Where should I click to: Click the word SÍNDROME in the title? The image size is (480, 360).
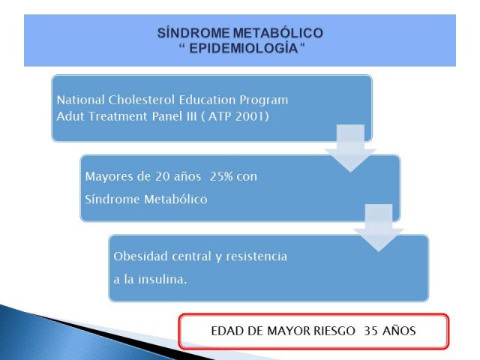(x=193, y=33)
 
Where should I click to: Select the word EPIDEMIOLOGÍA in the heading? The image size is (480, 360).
(x=244, y=48)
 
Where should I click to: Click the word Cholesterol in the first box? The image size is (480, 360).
(x=142, y=100)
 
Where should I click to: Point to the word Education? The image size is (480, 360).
(x=207, y=100)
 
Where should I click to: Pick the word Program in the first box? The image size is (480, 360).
(x=263, y=100)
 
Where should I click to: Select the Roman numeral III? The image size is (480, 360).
(x=190, y=116)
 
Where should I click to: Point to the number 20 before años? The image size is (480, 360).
(x=162, y=176)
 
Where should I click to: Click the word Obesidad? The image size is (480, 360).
(x=140, y=256)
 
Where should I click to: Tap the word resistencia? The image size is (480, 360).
(x=256, y=256)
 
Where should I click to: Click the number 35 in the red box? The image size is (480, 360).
(x=370, y=331)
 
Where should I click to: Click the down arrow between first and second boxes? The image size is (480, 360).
(x=350, y=148)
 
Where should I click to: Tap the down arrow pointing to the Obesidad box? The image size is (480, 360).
(x=379, y=228)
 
